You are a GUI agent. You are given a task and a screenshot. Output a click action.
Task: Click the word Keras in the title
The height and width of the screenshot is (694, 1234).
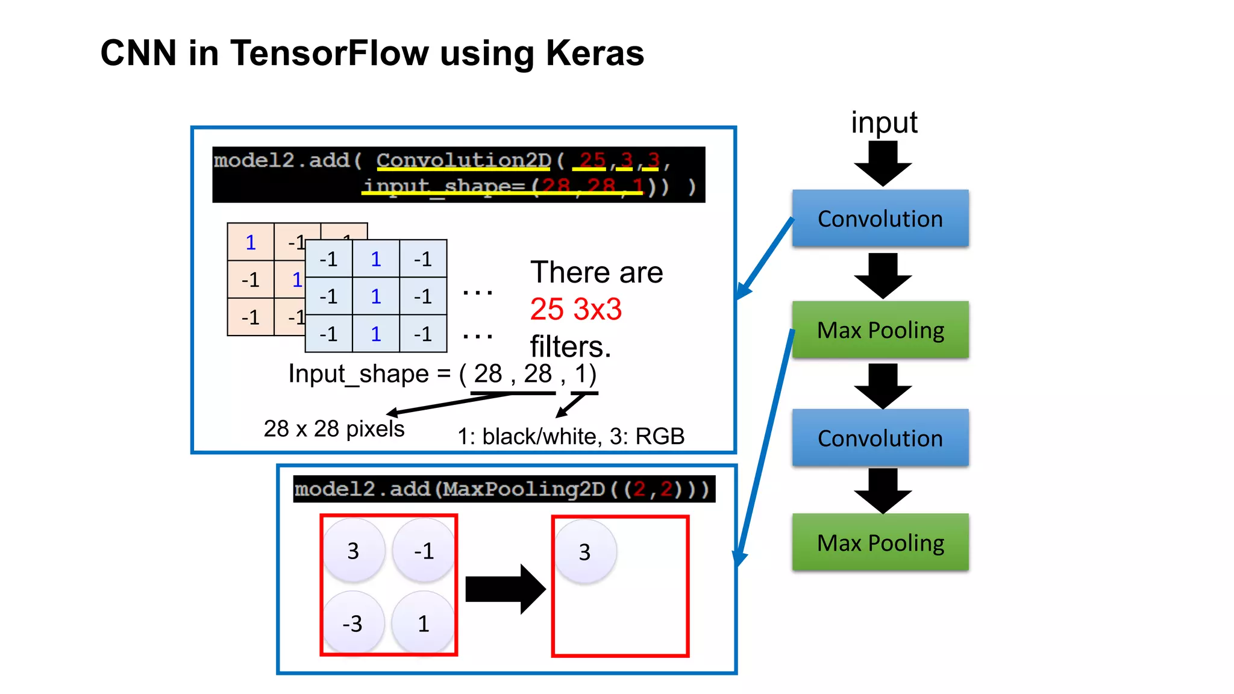[595, 53]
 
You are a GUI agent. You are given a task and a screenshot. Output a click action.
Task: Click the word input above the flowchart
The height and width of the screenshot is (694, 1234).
[883, 123]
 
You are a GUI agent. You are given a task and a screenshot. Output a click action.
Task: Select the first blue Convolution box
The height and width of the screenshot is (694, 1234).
[880, 219]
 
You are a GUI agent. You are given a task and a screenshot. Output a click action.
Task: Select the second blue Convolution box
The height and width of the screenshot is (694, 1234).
[880, 438]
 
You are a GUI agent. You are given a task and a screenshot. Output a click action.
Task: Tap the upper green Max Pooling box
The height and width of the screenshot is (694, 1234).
[880, 330]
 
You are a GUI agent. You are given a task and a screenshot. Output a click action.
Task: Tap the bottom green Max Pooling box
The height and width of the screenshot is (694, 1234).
[880, 542]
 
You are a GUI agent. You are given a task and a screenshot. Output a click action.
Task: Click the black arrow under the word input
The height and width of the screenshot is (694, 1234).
[883, 164]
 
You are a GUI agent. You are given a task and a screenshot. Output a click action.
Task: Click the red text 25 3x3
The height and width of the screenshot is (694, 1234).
[575, 310]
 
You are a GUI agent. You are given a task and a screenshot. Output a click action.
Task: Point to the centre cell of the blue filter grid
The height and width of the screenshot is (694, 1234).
[376, 296]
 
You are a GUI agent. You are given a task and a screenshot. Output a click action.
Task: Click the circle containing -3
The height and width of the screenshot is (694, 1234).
[353, 623]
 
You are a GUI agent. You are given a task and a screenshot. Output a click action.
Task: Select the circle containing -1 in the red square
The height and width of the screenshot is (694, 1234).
[424, 551]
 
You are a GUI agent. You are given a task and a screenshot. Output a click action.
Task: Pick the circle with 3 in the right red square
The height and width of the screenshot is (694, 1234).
[584, 552]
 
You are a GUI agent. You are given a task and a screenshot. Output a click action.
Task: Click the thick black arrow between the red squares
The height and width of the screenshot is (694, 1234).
[505, 589]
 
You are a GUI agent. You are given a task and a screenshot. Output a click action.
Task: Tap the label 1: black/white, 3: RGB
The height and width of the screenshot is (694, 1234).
[571, 436]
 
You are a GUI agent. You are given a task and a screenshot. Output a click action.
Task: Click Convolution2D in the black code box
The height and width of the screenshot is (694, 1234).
[463, 160]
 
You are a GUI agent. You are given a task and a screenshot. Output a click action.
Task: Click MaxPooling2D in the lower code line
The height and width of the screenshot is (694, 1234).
[524, 489]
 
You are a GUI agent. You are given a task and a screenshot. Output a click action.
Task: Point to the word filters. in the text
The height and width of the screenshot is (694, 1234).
[570, 346]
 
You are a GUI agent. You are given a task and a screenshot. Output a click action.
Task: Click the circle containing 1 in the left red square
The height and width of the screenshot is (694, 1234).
[423, 623]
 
